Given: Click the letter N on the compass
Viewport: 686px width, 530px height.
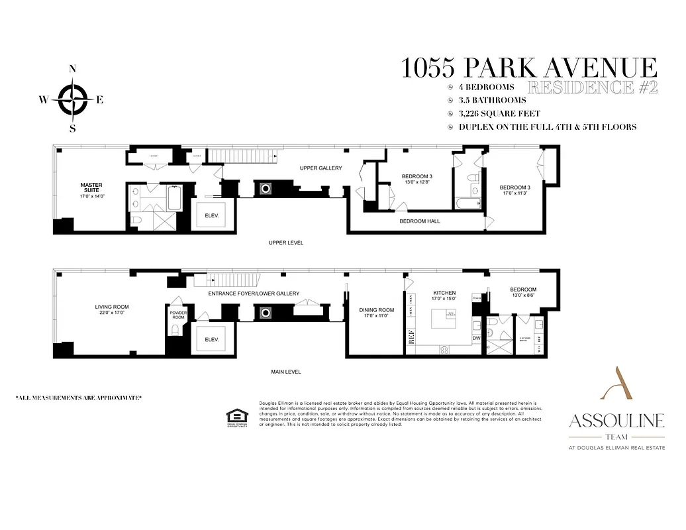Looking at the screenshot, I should [73, 69].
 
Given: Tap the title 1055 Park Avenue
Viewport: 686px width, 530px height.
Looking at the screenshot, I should [529, 68].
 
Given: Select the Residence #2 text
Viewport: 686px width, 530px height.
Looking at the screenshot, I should [592, 87].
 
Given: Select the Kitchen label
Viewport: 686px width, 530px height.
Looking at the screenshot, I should [444, 292].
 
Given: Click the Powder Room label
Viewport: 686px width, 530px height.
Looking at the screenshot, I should [179, 315].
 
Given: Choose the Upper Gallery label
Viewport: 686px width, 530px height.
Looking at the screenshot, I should [320, 168].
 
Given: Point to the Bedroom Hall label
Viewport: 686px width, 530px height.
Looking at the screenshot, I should [419, 221].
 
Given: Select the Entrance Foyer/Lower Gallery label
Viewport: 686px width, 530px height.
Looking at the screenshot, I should [254, 293].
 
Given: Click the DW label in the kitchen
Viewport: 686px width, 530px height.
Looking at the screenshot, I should [475, 338].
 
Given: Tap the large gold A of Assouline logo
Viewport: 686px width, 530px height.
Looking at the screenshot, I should [616, 385].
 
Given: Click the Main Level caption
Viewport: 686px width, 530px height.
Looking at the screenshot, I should [286, 372].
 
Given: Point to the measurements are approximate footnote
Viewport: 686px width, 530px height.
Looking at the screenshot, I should [79, 397].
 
